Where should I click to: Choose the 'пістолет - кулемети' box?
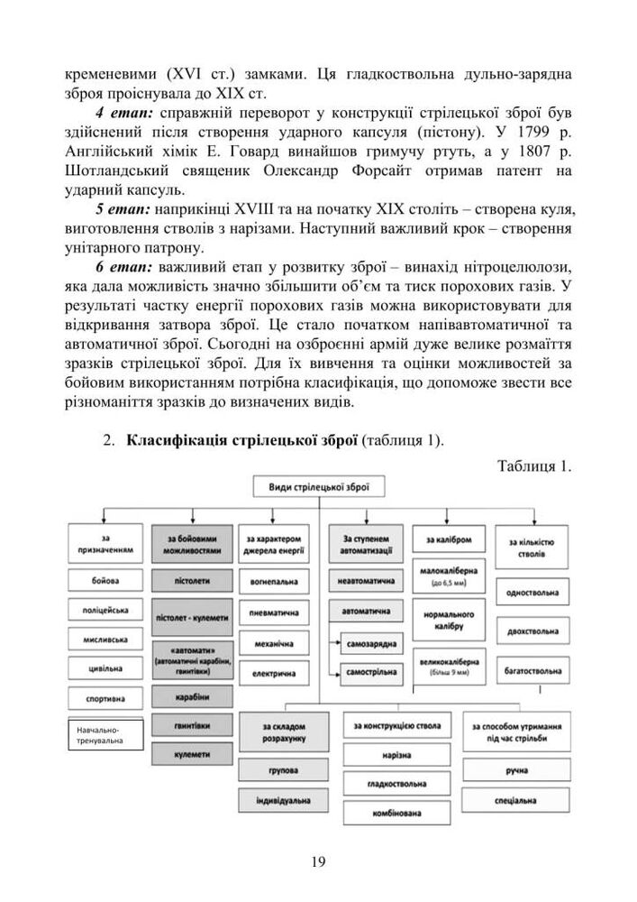pos(193,618)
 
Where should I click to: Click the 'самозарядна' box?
pos(373,643)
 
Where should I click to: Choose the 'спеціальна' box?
pos(517,799)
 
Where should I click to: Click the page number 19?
pos(318,861)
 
